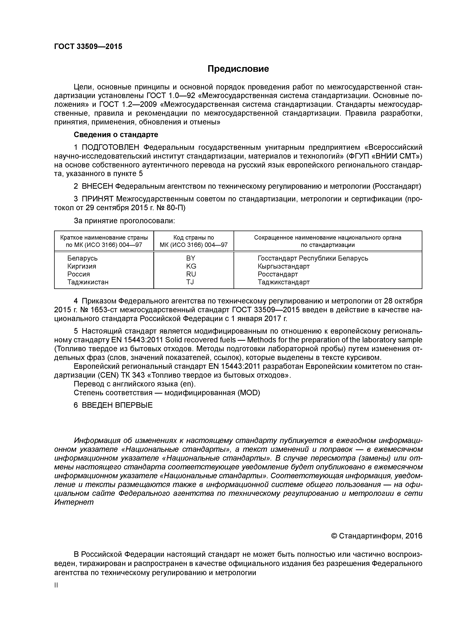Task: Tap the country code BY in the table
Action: click(x=191, y=258)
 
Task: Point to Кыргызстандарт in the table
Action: click(x=283, y=266)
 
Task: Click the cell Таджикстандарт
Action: click(x=283, y=282)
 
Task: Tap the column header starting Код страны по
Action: click(x=193, y=238)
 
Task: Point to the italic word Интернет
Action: click(x=74, y=502)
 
